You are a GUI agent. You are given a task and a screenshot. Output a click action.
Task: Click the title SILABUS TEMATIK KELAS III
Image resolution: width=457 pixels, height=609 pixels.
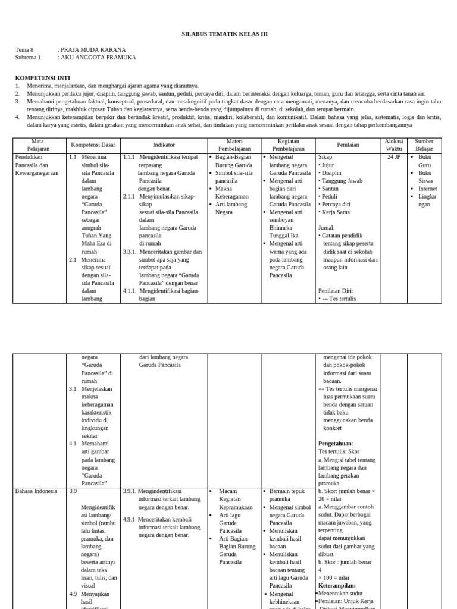[x=224, y=34]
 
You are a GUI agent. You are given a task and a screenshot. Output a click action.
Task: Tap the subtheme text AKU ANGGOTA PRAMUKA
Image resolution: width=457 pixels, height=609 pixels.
[x=99, y=58]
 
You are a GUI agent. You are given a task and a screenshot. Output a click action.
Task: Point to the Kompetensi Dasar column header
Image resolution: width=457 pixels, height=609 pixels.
[x=93, y=145]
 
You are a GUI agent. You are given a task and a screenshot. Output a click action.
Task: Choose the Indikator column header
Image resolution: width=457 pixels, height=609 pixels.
[x=164, y=145]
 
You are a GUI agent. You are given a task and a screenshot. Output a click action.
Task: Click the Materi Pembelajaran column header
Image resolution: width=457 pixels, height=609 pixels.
[x=234, y=145]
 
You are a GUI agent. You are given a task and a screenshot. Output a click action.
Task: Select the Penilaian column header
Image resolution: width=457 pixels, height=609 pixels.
[x=348, y=145]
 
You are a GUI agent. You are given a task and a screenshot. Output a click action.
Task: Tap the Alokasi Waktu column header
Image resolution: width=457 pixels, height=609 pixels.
[x=394, y=145]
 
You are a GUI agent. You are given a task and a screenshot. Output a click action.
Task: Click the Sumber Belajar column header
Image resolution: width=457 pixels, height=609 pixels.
[x=424, y=145]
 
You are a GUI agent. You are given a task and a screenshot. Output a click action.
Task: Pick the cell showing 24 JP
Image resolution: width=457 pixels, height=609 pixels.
[x=394, y=157]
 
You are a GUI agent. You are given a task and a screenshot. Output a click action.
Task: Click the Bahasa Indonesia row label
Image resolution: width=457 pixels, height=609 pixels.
[x=36, y=491]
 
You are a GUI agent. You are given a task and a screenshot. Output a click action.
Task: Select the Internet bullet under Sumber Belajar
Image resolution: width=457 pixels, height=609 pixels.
[x=427, y=189]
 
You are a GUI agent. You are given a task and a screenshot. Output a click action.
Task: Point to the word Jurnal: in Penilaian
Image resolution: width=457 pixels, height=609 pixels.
[x=327, y=228]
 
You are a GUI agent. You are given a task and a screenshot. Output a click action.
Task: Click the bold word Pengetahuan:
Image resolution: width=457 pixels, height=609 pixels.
[x=336, y=444]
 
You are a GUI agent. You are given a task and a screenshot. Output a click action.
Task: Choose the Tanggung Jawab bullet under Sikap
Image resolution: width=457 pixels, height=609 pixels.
[x=342, y=181]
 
